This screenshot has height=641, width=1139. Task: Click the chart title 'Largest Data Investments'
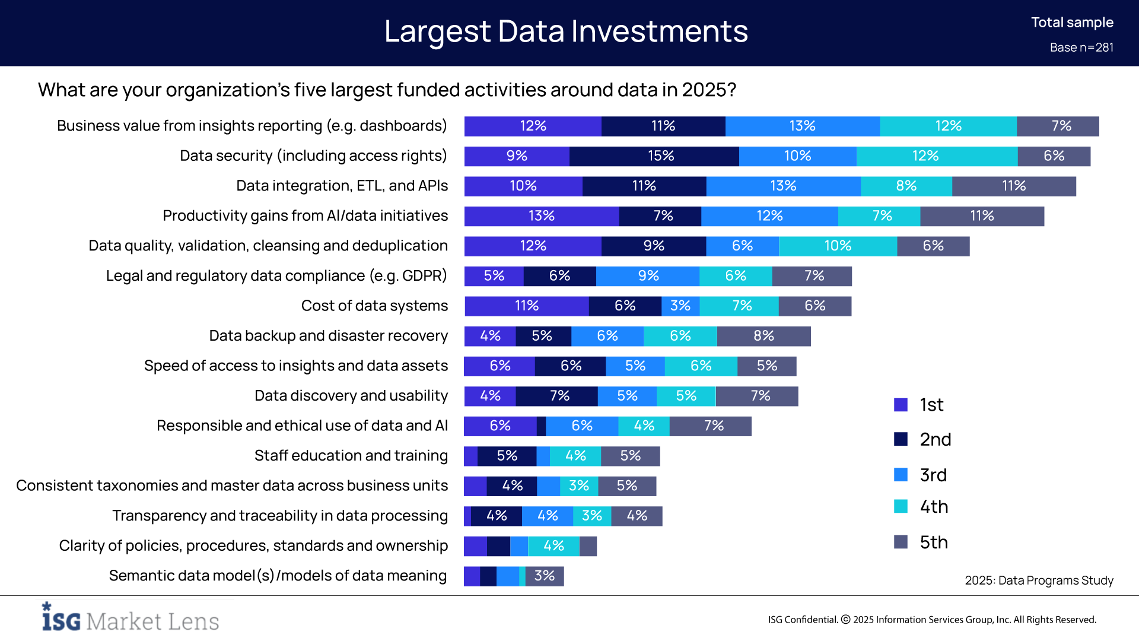pos(566,31)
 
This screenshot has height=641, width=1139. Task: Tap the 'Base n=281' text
pos(1081,47)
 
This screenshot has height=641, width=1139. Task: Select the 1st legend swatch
pos(901,405)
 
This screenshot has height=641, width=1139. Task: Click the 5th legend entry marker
pos(901,542)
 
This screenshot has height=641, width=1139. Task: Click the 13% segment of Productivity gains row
pos(541,216)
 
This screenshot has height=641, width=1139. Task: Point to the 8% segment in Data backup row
pos(763,336)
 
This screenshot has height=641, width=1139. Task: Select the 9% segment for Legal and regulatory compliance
pos(648,276)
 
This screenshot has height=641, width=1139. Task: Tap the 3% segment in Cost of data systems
pos(680,306)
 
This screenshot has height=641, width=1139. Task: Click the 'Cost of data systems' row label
pos(374,306)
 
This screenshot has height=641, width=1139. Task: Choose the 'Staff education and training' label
pos(351,456)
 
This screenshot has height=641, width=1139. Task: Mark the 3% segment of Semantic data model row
pos(544,576)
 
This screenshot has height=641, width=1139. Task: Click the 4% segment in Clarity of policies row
pos(553,546)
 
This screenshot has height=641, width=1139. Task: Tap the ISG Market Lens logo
pos(131,618)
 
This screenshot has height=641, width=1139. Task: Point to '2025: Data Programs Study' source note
pos(1039,580)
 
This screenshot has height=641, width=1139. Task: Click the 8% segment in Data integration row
pos(906,186)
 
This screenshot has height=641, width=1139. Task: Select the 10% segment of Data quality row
pos(837,246)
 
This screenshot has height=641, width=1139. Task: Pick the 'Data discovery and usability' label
pos(351,396)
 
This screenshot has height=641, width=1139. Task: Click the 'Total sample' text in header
pos(1072,23)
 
